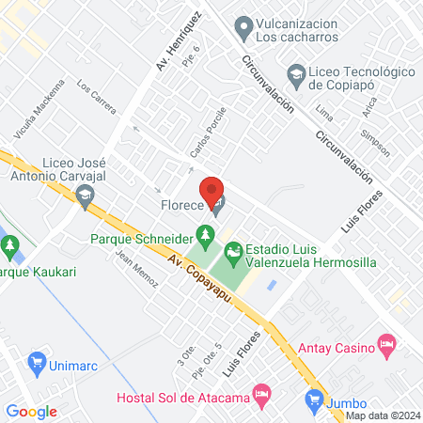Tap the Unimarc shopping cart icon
click(38, 361)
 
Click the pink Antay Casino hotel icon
click(385, 346)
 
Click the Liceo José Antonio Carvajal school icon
click(86, 197)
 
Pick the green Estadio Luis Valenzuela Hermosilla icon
click(232, 250)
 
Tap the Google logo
click(32, 411)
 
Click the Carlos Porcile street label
click(208, 138)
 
